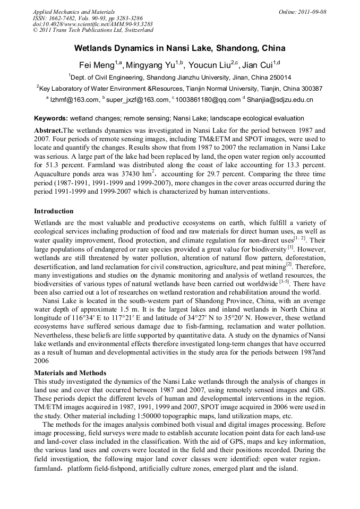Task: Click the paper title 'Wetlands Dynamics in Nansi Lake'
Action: pos(179,48)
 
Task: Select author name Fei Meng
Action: pos(96,65)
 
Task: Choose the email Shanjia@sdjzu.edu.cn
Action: pos(280,100)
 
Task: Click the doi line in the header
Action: pos(93,24)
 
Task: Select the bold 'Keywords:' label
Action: pos(50,118)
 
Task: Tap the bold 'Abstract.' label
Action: pos(48,130)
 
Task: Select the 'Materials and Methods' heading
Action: pos(70,373)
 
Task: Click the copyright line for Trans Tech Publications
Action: pos(93,30)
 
